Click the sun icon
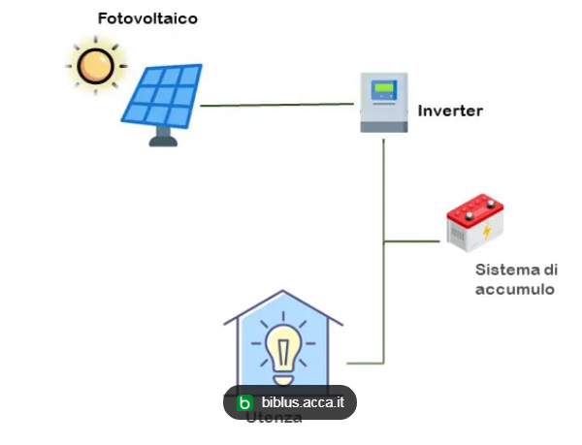[x=96, y=66]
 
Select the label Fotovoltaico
[x=147, y=18]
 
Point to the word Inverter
[x=450, y=111]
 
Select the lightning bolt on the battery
[x=487, y=233]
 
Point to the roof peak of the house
[x=283, y=292]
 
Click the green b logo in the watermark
[x=245, y=402]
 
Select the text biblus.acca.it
[x=303, y=402]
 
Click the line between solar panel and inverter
[x=276, y=105]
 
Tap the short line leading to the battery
[x=414, y=239]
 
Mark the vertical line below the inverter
[x=385, y=194]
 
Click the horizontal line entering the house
[x=367, y=364]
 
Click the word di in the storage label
[x=550, y=270]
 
